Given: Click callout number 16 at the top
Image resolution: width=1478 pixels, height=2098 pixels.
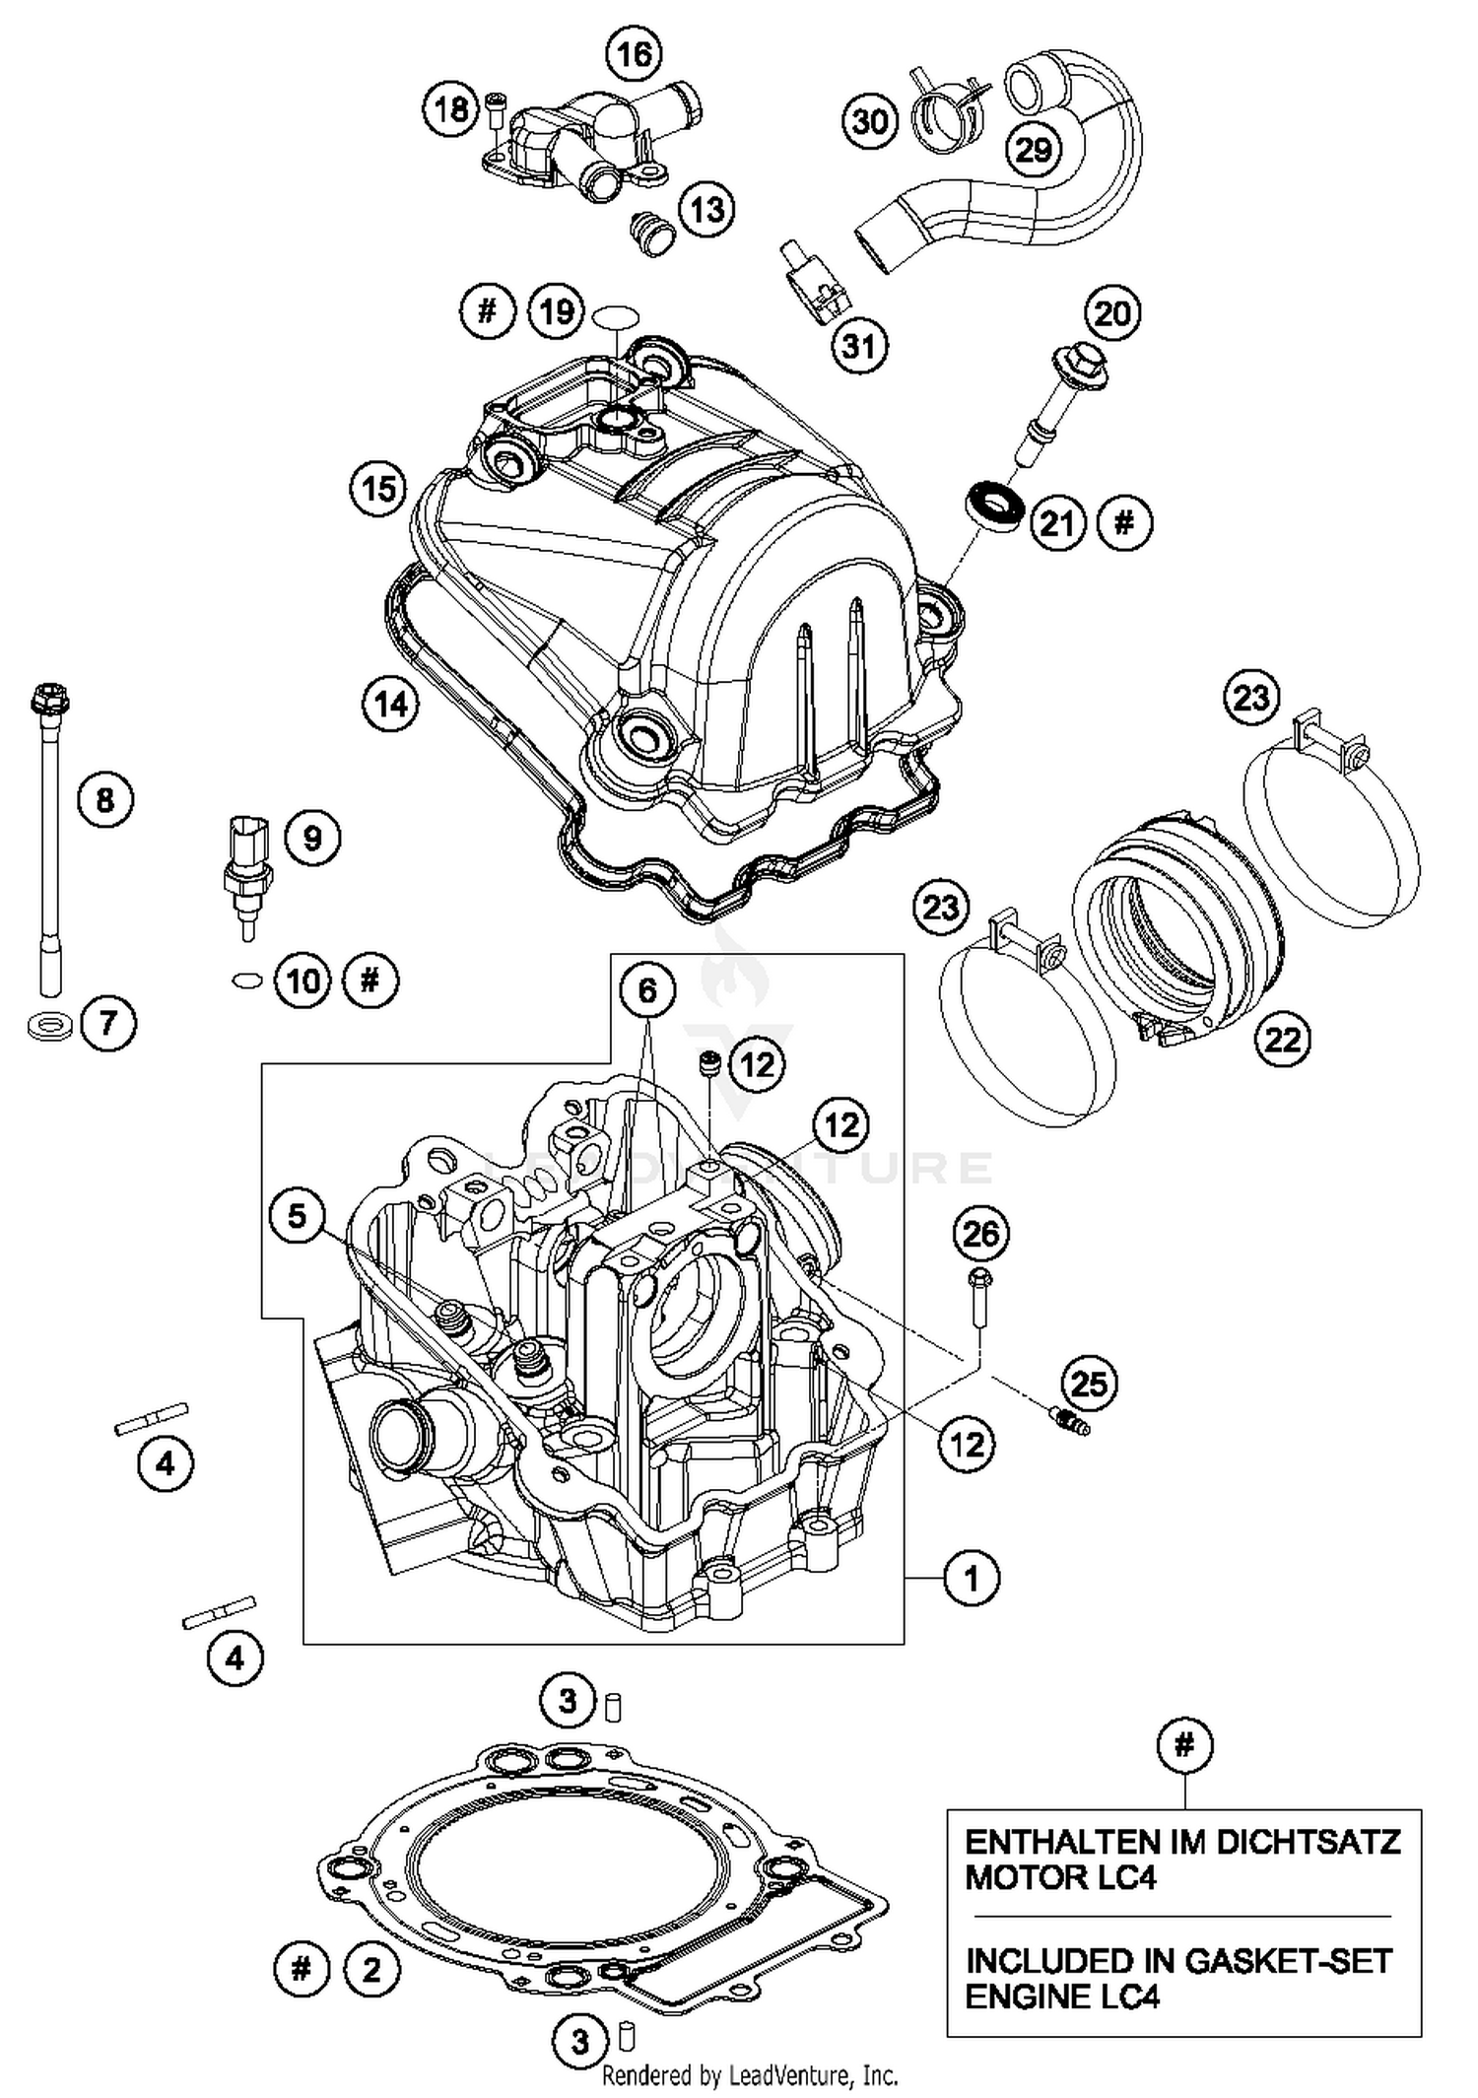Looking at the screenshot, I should (634, 54).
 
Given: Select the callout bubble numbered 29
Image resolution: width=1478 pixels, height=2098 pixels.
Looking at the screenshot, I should (1034, 150).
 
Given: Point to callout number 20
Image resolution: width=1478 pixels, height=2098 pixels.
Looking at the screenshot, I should (1112, 313).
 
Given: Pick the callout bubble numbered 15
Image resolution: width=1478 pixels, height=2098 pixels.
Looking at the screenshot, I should (379, 488).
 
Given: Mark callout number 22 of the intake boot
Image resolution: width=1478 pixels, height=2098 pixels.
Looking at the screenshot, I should (1282, 1038).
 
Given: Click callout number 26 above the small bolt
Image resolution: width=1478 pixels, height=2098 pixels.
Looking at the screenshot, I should (980, 1234).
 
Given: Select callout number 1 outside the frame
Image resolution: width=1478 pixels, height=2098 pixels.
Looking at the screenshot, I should (972, 1578).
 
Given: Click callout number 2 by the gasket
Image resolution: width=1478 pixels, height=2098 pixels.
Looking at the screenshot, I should (371, 1970).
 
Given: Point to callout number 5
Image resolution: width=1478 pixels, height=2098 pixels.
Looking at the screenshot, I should (298, 1216).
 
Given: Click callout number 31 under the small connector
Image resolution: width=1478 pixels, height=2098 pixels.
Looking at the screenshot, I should (859, 345).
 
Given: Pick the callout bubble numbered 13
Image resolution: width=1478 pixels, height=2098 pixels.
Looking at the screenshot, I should (706, 209).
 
